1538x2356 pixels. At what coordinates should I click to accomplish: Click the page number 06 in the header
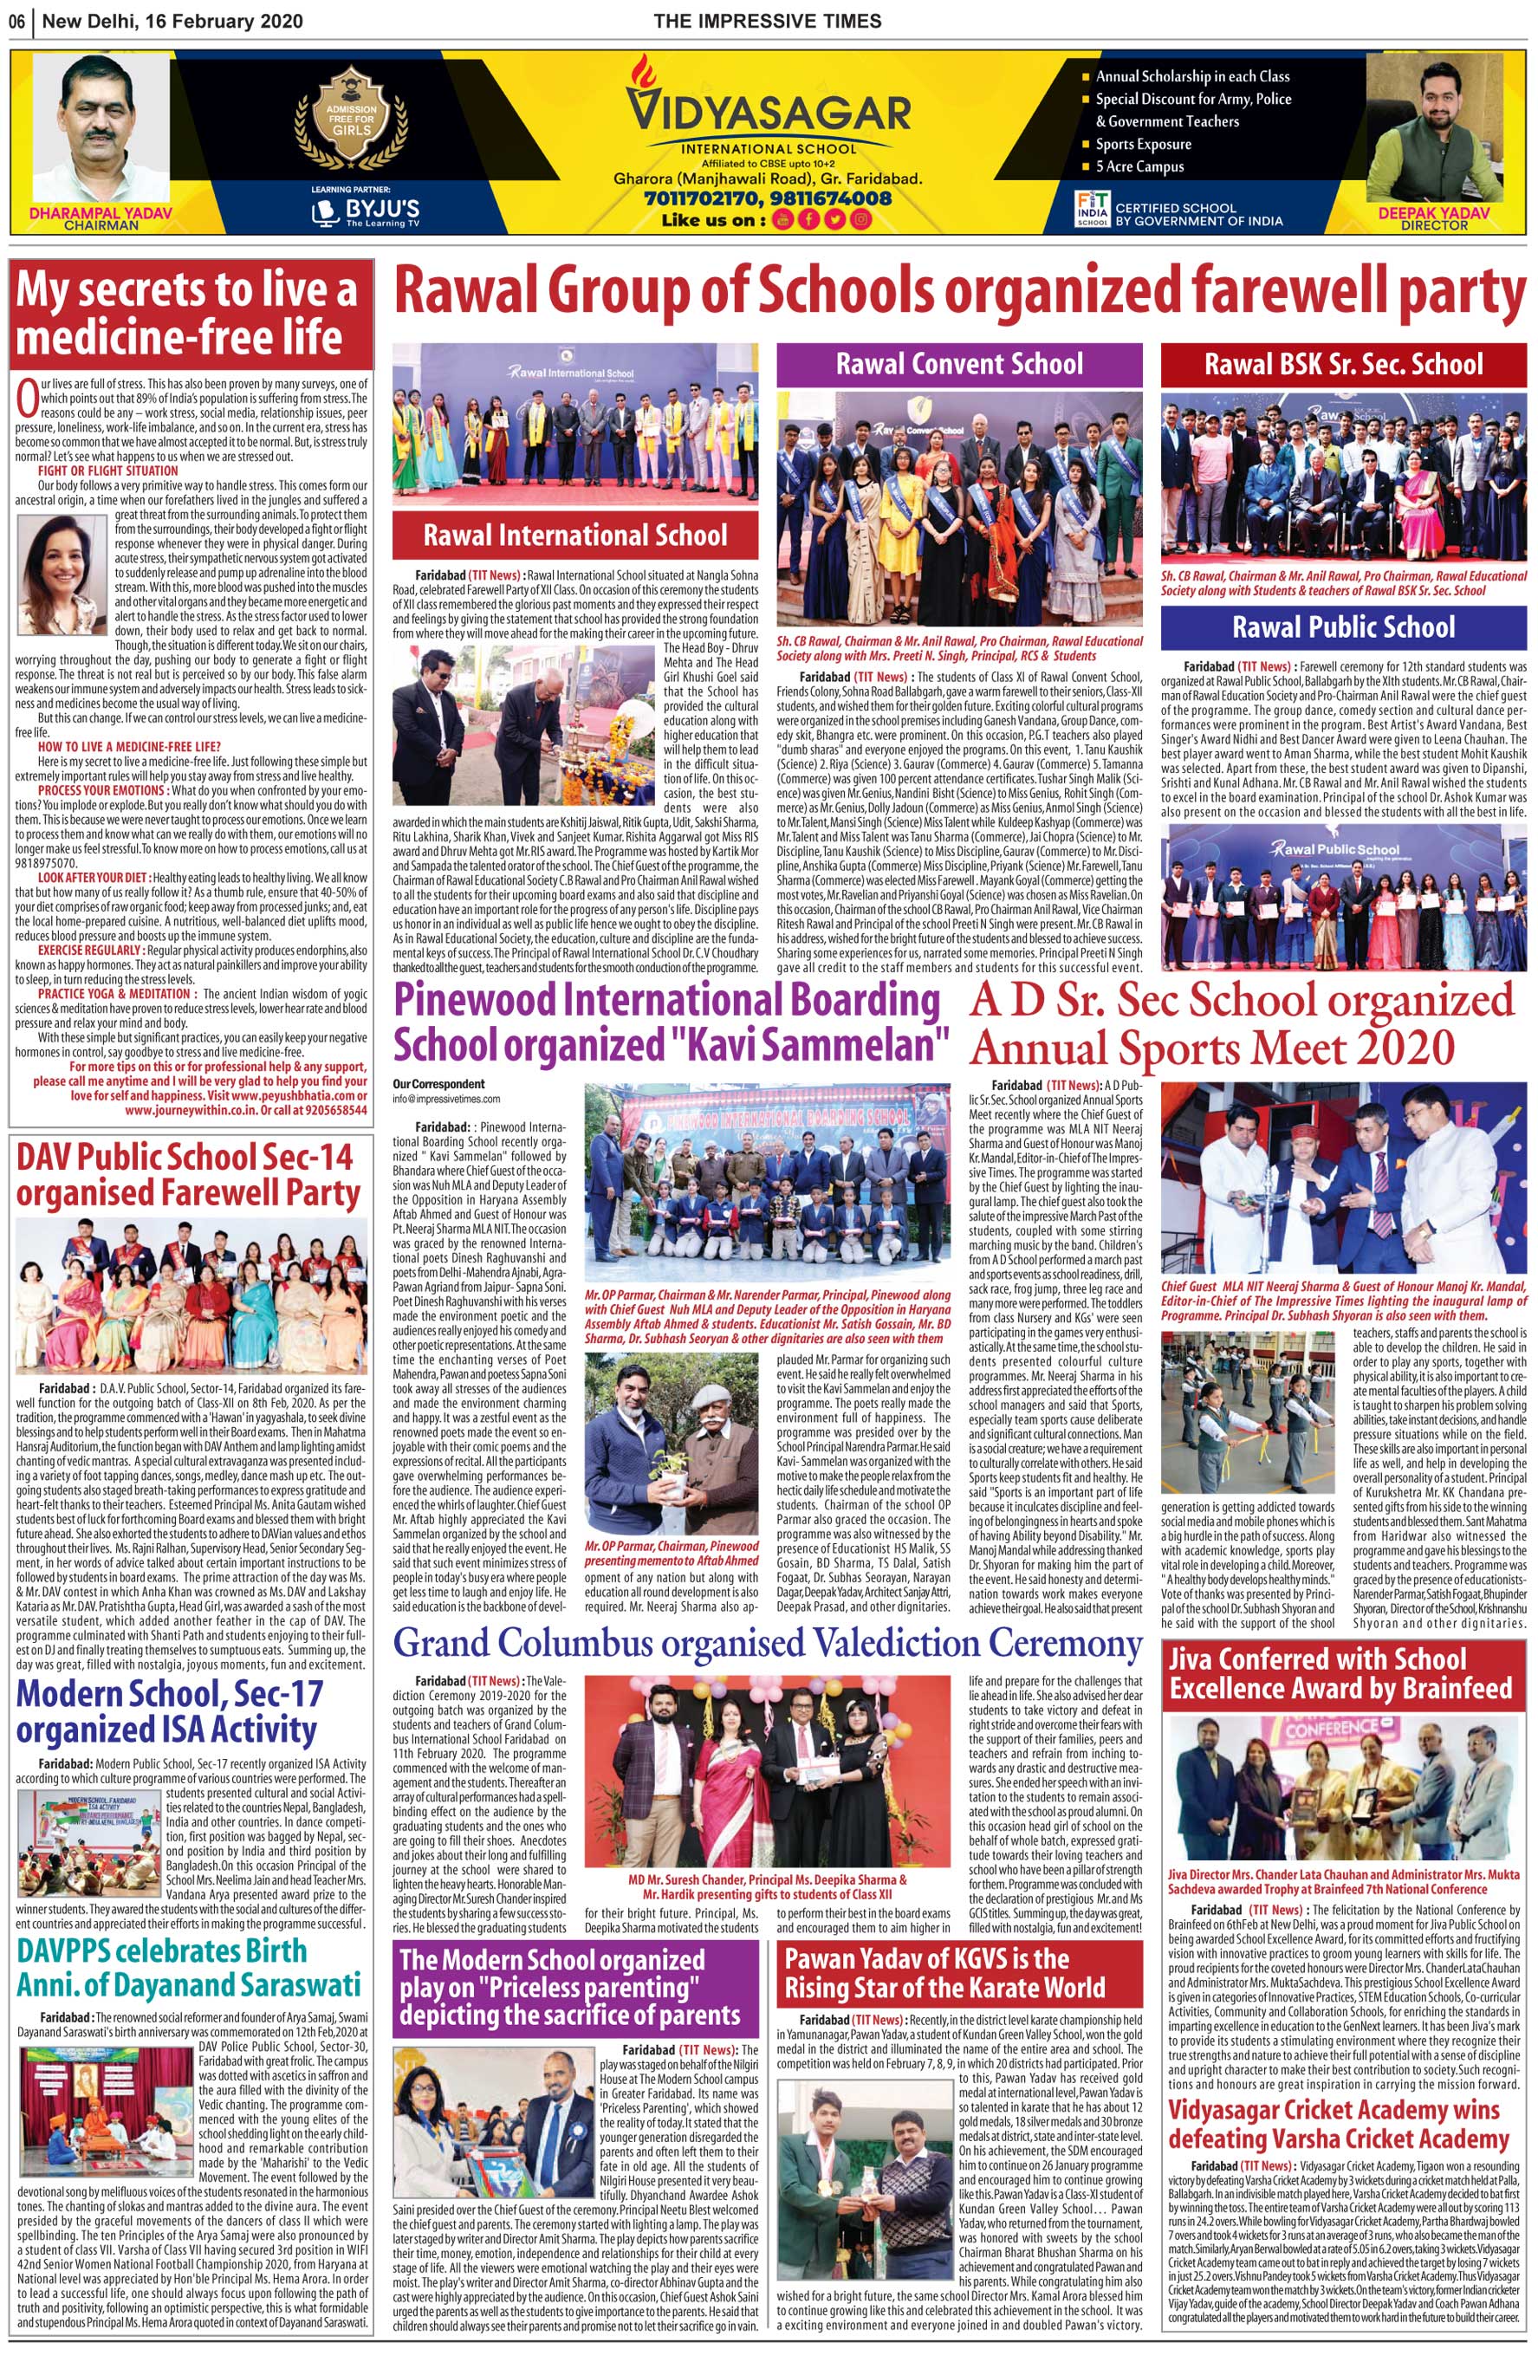18,21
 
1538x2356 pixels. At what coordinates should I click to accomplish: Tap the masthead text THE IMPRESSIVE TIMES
767,21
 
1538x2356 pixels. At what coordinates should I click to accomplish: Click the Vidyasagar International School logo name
768,112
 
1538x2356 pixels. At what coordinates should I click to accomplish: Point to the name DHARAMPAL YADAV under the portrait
100,213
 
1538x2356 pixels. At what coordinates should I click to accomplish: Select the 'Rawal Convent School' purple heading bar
958,364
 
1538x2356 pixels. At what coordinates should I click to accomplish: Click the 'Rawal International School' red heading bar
575,535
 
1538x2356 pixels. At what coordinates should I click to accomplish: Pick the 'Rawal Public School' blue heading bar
1343,626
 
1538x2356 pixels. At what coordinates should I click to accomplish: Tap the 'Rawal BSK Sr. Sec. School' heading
1343,364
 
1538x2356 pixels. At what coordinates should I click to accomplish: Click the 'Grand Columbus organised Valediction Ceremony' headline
767,1643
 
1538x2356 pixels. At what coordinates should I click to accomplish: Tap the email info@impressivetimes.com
446,1099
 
